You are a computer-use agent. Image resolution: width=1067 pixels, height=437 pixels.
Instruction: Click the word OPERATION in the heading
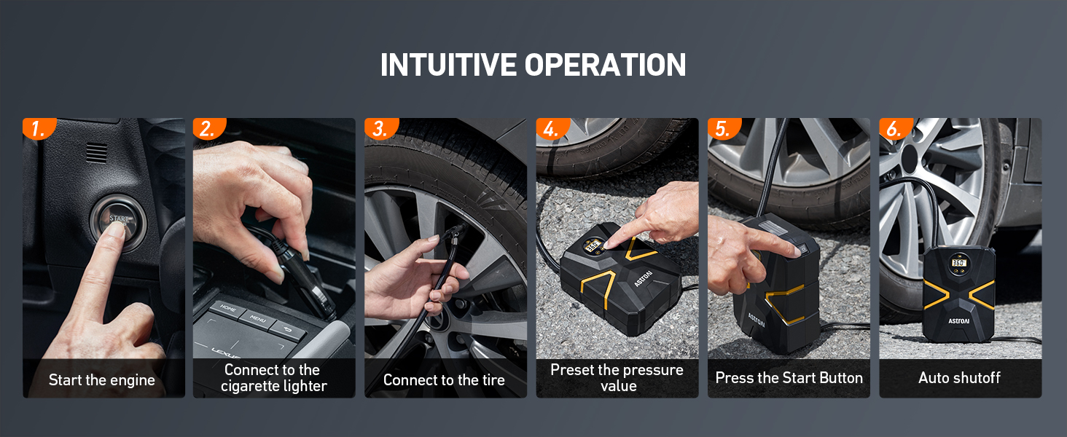pos(604,65)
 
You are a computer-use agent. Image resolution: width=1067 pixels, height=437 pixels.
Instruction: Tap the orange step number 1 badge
pos(38,129)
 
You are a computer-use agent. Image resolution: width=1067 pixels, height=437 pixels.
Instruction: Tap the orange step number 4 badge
pos(552,129)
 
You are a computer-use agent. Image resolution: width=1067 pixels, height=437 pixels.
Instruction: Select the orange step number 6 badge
pos(894,129)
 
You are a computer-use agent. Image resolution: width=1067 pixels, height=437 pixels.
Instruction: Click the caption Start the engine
pos(102,379)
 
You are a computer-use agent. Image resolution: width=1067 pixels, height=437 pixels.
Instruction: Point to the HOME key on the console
pos(227,308)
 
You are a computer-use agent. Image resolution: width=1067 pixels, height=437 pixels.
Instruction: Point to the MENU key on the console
pos(257,318)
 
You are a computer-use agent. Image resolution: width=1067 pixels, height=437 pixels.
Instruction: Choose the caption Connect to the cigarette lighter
pos(273,378)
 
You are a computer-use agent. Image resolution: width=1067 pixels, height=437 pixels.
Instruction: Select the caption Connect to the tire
pos(444,379)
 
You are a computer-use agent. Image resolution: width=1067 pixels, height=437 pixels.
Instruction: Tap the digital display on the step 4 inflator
pos(592,246)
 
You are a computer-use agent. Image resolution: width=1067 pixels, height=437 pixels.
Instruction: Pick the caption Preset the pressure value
pos(617,378)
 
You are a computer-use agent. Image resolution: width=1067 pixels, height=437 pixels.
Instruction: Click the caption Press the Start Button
pos(789,378)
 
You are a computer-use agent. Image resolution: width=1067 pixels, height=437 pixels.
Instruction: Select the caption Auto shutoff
pos(959,378)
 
